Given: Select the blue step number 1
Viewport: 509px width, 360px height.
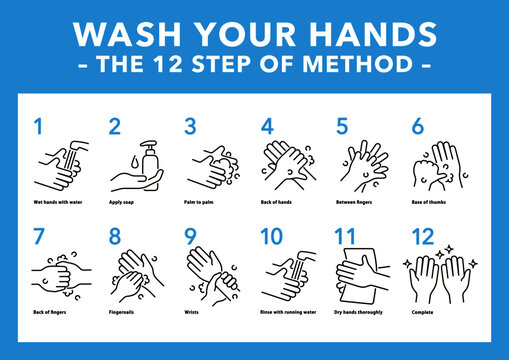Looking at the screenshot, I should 38,127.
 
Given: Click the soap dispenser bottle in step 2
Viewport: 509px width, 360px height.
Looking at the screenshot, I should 150,159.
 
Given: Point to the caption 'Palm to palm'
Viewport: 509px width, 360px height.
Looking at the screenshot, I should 205,202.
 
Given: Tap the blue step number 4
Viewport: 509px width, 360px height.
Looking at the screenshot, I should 267,127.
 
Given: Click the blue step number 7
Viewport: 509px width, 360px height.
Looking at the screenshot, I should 38,236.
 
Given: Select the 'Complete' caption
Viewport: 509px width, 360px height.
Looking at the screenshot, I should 423,311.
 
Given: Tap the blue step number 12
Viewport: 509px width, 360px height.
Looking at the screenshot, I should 425,236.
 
